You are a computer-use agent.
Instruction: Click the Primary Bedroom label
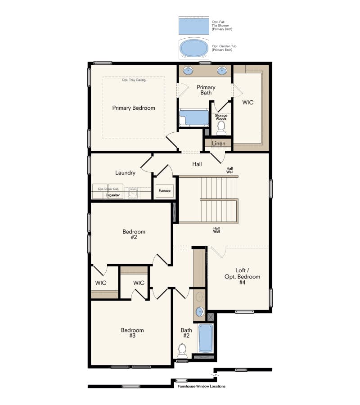134,108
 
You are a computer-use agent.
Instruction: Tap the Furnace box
165,191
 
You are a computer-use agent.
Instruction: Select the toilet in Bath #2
182,349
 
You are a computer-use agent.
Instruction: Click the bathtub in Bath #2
206,338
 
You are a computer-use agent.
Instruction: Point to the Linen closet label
219,144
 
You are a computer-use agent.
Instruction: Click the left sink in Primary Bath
188,70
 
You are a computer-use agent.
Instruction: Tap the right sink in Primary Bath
221,70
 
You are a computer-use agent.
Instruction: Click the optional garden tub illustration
194,49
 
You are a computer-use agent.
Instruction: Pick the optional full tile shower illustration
194,25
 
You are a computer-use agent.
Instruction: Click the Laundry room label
125,173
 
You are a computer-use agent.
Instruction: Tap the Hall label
197,164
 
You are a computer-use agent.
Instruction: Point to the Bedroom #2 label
134,234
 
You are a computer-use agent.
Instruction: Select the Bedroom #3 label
132,333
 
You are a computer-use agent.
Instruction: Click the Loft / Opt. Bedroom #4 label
242,276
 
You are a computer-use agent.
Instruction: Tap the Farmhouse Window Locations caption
202,387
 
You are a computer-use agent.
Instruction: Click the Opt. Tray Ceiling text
134,80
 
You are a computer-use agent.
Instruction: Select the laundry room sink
133,193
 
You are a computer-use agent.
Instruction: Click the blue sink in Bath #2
200,312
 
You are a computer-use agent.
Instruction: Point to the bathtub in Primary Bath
194,118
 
